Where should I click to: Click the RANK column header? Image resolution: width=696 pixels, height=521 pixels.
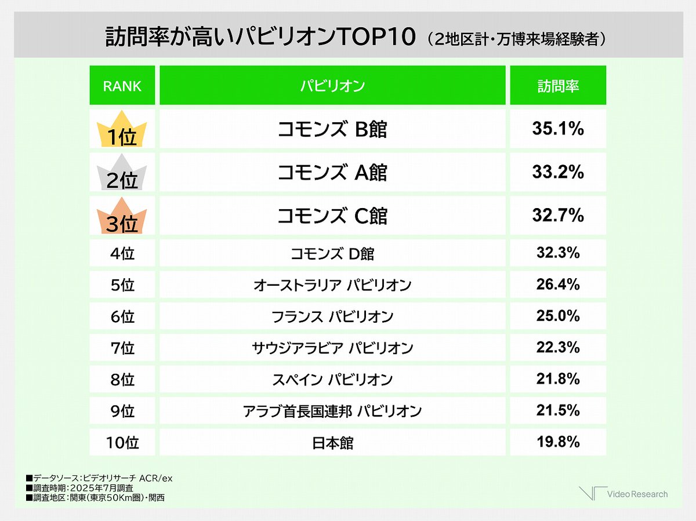[x=122, y=86]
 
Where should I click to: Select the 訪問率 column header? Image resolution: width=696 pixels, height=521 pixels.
[x=557, y=86]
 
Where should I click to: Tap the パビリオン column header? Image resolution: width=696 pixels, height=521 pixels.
[x=332, y=86]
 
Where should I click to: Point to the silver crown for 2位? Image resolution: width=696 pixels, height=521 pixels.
[x=122, y=173]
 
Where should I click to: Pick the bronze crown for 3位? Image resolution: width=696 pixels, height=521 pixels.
[x=122, y=216]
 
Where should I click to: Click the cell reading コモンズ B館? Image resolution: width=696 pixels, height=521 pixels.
[x=332, y=129]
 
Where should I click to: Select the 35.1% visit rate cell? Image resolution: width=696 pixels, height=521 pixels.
[x=557, y=129]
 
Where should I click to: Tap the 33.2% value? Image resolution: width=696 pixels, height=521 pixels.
[x=557, y=172]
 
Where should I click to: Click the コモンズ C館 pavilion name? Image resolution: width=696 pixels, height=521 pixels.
[x=332, y=216]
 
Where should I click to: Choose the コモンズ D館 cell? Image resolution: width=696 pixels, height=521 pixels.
[x=332, y=253]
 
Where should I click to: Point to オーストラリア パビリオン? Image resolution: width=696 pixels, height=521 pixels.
[x=332, y=285]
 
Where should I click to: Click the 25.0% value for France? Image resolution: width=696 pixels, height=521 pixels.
[x=557, y=316]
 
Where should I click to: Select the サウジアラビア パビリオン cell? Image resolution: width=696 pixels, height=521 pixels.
[x=332, y=348]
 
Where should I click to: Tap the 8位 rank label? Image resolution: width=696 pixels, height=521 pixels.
[x=122, y=380]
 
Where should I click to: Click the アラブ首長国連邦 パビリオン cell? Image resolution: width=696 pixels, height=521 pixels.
[x=332, y=411]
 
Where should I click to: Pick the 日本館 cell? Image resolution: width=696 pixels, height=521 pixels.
[x=332, y=443]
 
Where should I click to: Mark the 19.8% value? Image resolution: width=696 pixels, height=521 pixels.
[x=557, y=443]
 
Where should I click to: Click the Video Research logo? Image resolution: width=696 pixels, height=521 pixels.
[x=623, y=494]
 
